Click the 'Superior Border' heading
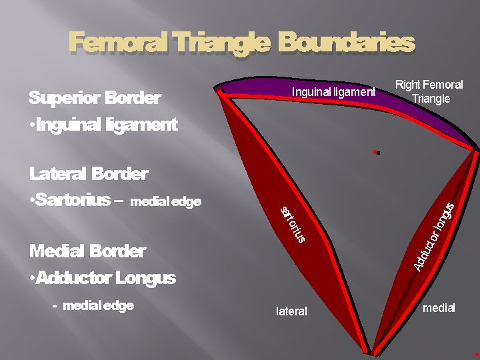[95, 99]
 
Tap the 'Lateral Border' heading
[89, 175]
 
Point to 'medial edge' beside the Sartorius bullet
[166, 201]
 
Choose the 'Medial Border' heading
[87, 251]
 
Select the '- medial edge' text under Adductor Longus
[93, 305]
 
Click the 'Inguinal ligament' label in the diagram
[333, 92]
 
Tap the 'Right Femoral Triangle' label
[429, 92]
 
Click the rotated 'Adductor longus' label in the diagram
[434, 236]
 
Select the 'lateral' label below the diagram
[291, 311]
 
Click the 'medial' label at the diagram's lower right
[439, 308]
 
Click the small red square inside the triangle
[375, 152]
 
